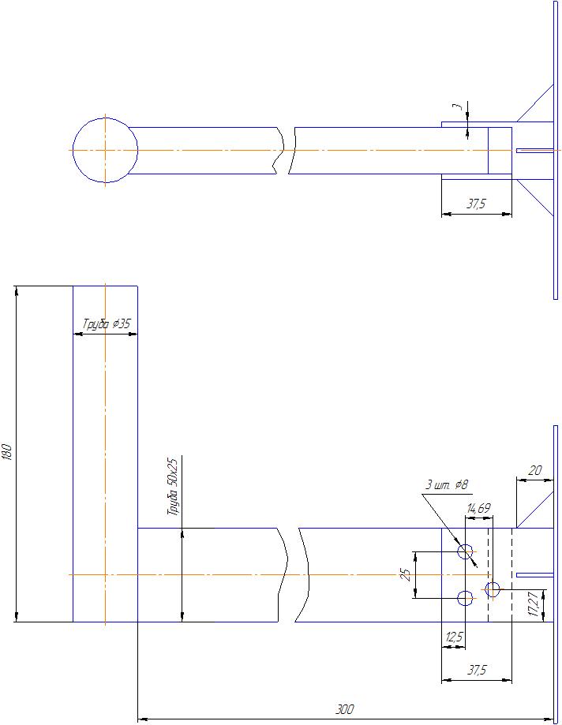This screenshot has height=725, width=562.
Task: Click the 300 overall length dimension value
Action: pos(344,711)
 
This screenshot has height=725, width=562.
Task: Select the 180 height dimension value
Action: pos(7,453)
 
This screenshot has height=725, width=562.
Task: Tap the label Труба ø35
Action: pos(107,323)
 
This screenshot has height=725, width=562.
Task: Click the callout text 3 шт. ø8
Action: pos(446,484)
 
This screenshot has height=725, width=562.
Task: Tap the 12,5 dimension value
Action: pos(453,637)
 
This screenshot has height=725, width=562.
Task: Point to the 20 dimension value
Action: pos(534,470)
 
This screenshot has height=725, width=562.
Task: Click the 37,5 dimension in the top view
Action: pos(476,204)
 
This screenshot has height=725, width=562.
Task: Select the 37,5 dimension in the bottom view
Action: pos(477,671)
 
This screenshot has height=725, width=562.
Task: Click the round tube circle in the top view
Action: pos(105,150)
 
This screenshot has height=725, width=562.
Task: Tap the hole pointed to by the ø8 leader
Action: pos(466,551)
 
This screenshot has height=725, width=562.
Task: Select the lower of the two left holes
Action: pos(466,598)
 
